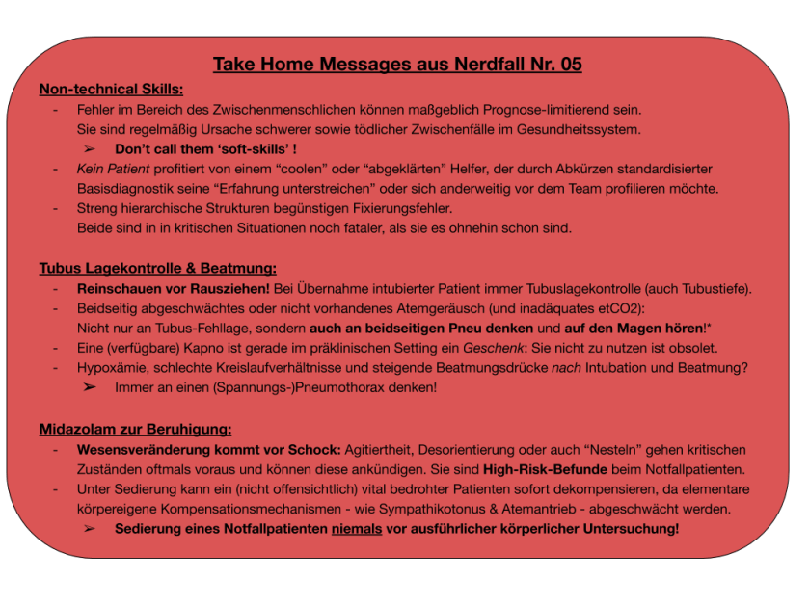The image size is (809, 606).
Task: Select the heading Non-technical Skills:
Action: [111, 90]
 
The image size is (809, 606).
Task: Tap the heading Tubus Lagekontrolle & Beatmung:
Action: [157, 268]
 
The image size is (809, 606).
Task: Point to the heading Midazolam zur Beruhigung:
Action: [135, 429]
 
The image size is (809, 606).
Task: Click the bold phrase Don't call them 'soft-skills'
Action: [202, 149]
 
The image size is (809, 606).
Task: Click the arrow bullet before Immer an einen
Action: [90, 387]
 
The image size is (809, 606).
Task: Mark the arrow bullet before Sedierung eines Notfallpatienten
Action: [90, 529]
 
